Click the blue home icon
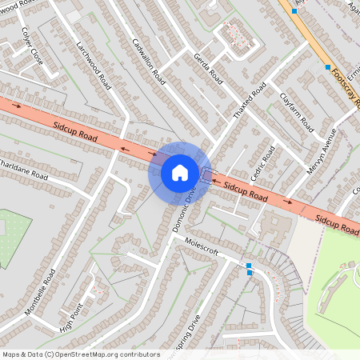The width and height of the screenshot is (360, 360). pyautogui.click(x=180, y=172)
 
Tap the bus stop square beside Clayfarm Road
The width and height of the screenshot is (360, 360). pyautogui.click(x=328, y=66)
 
